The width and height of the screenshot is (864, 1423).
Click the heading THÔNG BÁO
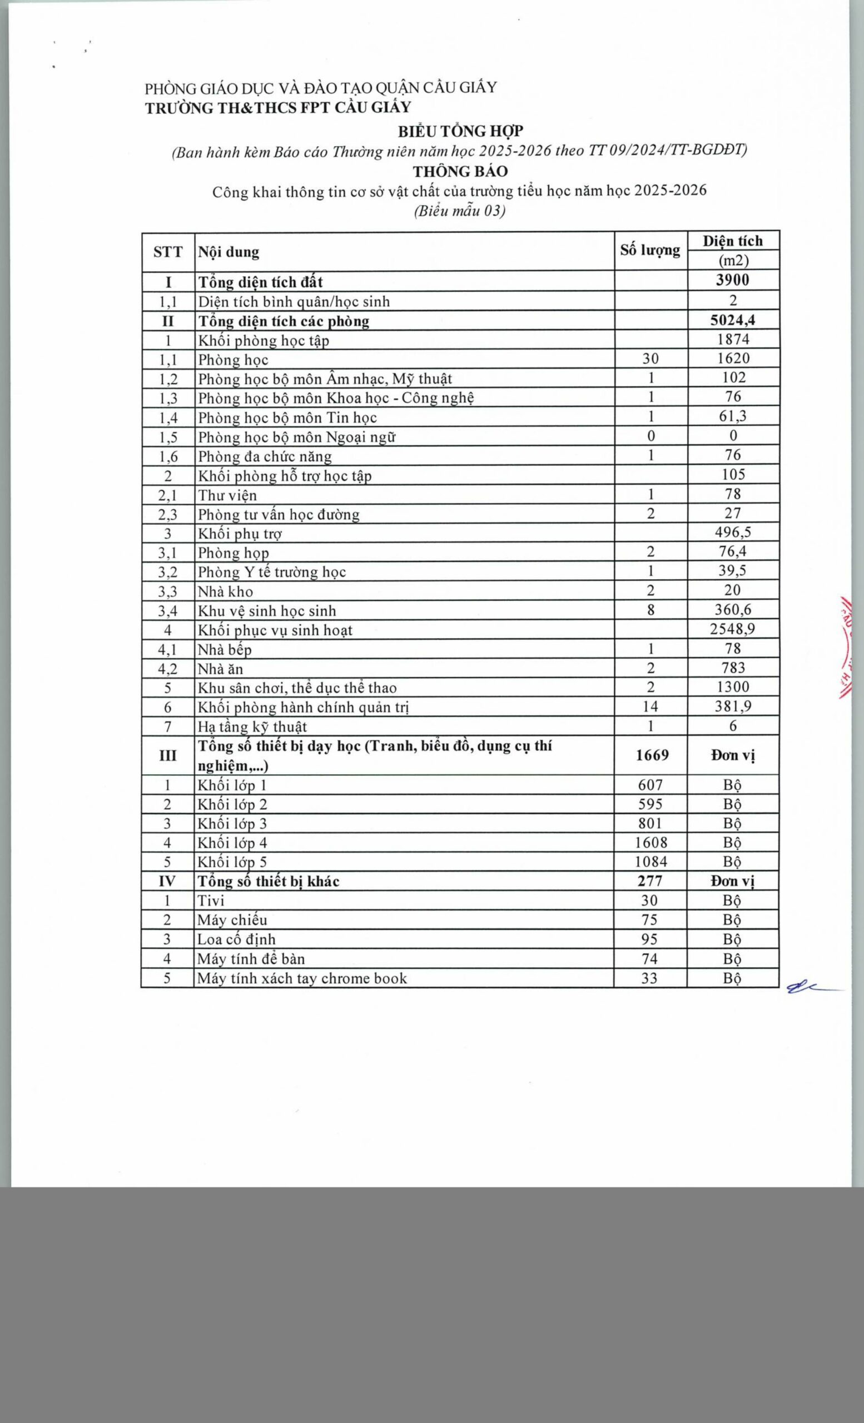pyautogui.click(x=460, y=171)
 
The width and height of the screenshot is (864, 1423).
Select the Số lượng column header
pyautogui.click(x=651, y=251)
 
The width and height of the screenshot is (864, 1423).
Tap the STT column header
pyautogui.click(x=168, y=252)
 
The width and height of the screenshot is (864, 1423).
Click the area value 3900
pyautogui.click(x=732, y=280)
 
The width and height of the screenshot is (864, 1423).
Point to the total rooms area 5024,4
pyautogui.click(x=732, y=320)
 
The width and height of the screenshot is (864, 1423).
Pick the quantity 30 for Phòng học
pyautogui.click(x=651, y=359)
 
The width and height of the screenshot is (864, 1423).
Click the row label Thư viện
pyautogui.click(x=227, y=495)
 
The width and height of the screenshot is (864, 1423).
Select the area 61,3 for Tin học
pyautogui.click(x=732, y=416)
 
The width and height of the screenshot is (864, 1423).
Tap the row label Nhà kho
pyautogui.click(x=225, y=591)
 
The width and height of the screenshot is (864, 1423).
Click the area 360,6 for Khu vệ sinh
pyautogui.click(x=732, y=609)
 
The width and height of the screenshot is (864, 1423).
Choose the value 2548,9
pyautogui.click(x=732, y=628)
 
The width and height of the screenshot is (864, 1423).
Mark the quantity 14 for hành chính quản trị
pyautogui.click(x=651, y=706)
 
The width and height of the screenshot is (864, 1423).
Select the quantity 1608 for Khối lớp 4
pyautogui.click(x=651, y=843)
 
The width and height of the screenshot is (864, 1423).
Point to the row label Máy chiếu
pyautogui.click(x=232, y=920)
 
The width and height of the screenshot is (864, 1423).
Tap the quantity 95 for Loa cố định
pyautogui.click(x=650, y=939)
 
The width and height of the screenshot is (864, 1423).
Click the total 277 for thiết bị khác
pyautogui.click(x=651, y=880)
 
